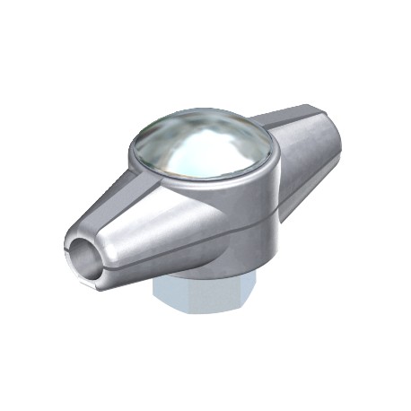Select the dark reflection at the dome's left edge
tap(148, 148)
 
